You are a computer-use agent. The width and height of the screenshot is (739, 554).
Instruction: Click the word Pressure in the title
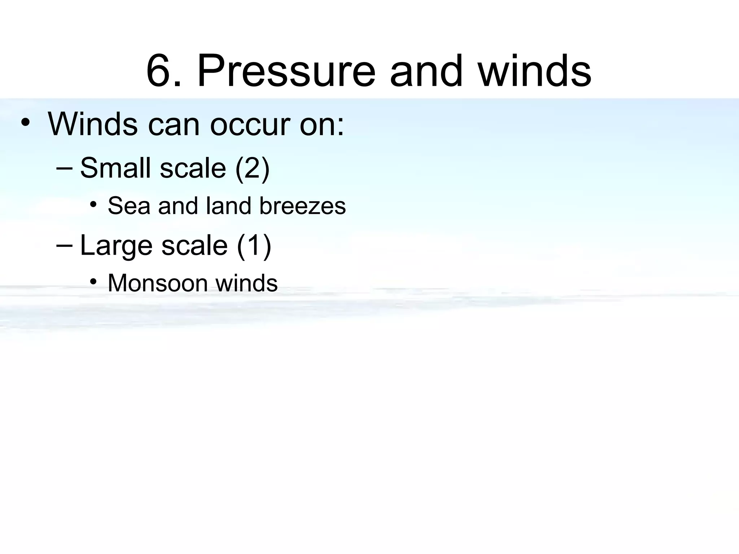286,71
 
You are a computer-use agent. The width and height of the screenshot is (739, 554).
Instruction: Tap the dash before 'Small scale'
65,168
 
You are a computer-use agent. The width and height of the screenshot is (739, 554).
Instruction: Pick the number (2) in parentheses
252,168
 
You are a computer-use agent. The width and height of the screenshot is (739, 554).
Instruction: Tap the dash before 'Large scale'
65,245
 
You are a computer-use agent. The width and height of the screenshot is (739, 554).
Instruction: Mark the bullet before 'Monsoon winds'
93,282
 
